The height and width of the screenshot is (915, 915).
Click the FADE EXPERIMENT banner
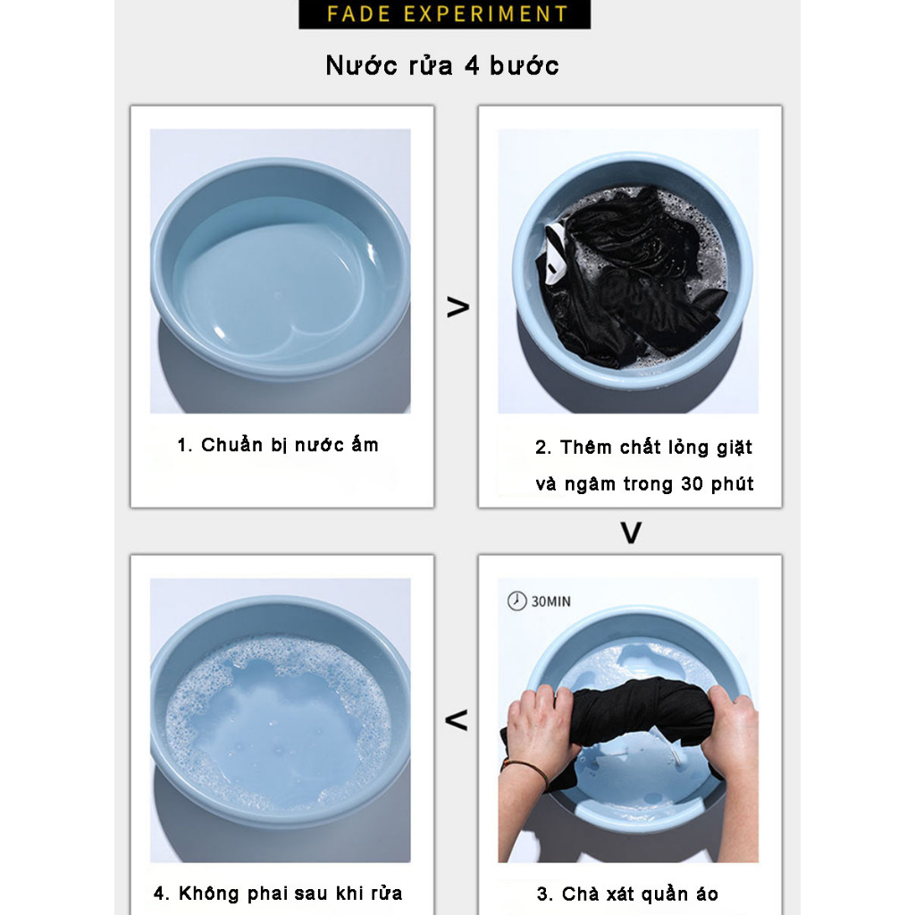point(445,14)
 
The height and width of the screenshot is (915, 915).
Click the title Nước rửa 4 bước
point(442,65)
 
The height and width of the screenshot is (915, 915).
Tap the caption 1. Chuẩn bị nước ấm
point(278,445)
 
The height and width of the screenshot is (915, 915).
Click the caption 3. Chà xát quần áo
point(627,894)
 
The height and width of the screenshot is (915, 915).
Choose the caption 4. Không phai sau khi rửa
point(278,894)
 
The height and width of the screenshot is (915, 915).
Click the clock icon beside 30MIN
point(516,601)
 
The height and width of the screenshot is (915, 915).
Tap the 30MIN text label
point(551,602)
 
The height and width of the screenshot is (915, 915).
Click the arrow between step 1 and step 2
point(457,307)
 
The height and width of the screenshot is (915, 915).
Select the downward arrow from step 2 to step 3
point(631,533)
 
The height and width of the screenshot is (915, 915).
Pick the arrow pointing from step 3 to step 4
point(457,719)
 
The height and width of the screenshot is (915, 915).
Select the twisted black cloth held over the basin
point(639,710)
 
